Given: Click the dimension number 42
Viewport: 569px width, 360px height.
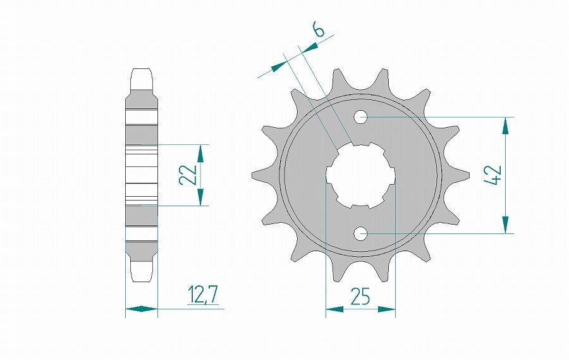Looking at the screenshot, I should click(x=494, y=175).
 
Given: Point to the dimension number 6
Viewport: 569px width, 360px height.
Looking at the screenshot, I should click(x=318, y=30).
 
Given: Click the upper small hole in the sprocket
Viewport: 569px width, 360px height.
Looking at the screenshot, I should click(x=361, y=116).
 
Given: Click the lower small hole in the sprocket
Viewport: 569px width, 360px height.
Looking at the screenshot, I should click(x=361, y=233).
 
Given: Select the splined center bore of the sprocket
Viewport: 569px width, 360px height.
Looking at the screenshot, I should click(x=360, y=175).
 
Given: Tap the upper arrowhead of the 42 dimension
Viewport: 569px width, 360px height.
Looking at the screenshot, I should click(x=505, y=125).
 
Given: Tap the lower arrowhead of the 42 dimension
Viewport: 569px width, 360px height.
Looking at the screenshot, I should click(x=505, y=225).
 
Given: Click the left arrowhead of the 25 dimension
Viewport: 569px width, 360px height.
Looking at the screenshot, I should click(x=334, y=310).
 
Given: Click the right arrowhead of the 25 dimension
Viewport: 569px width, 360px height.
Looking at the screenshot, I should click(x=386, y=310).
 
